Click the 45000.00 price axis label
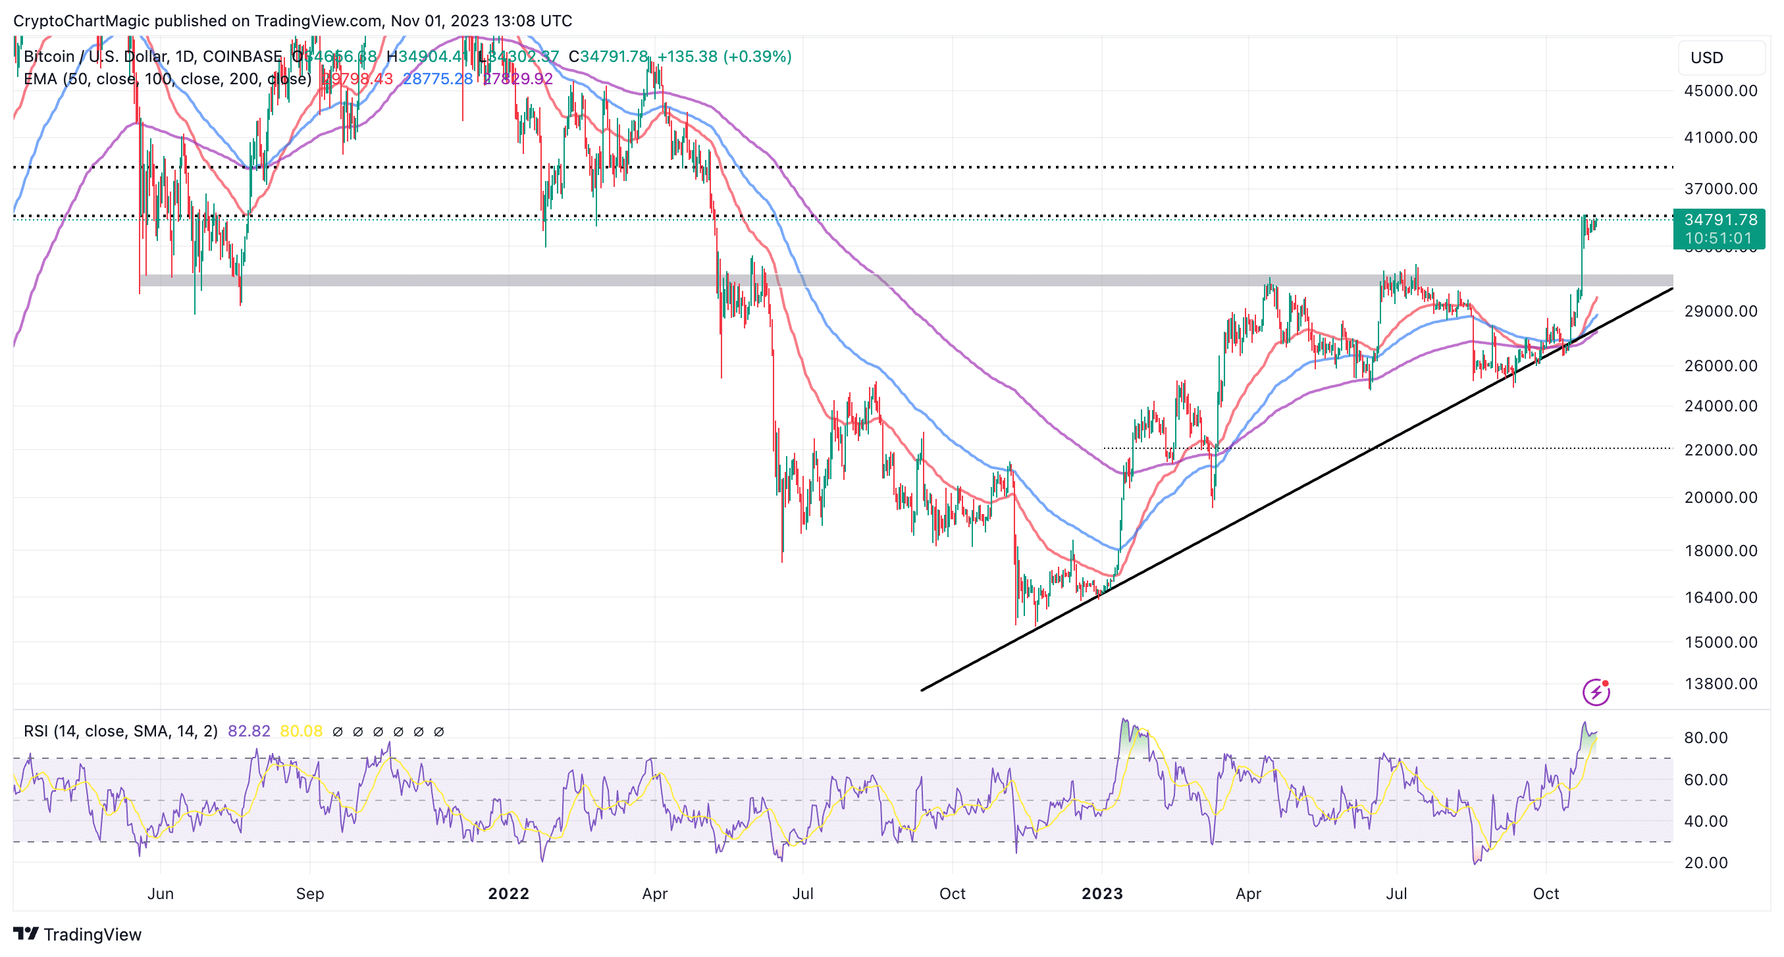1720,91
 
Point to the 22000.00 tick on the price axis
1720,450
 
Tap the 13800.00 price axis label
1720,684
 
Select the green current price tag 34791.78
1720,220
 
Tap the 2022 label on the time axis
508,894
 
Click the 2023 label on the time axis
1102,894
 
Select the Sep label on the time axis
309,894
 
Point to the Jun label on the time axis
160,894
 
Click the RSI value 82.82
249,731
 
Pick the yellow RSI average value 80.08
302,731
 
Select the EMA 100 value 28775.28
438,79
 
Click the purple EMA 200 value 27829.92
518,79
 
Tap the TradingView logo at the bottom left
78,935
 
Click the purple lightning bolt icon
1596,692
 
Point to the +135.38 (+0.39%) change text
723,57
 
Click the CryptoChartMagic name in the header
81,21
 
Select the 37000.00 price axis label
1720,189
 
